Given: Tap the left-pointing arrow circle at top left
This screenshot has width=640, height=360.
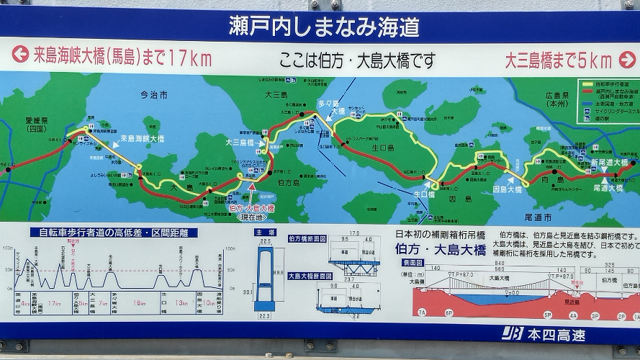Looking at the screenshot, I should click(19, 55).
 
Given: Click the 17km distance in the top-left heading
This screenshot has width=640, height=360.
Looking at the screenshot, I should click(189, 58).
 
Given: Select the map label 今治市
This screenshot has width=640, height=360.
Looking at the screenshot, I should click(153, 94).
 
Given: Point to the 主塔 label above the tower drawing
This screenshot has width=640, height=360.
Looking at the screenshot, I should click(264, 232).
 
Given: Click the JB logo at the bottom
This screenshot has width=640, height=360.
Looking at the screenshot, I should click(513, 334).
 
